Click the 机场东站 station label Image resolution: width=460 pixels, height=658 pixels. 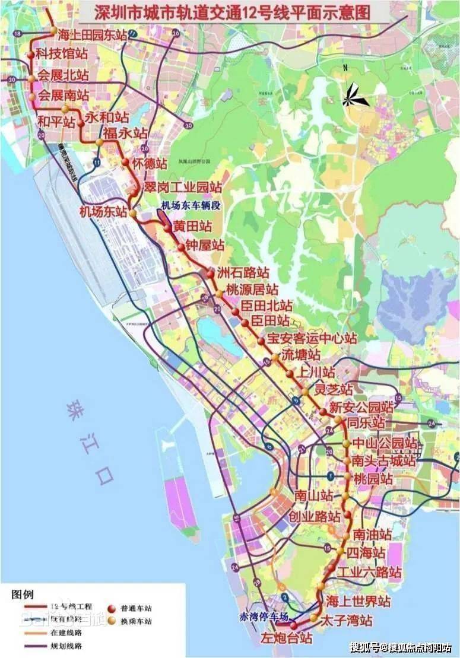pos(103,211)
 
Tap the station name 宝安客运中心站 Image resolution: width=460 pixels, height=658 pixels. pos(312,339)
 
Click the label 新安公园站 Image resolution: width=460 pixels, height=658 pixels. pos(361,408)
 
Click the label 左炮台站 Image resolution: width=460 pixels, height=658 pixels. pos(287,638)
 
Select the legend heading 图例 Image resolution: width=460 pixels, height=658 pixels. pos(23,594)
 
